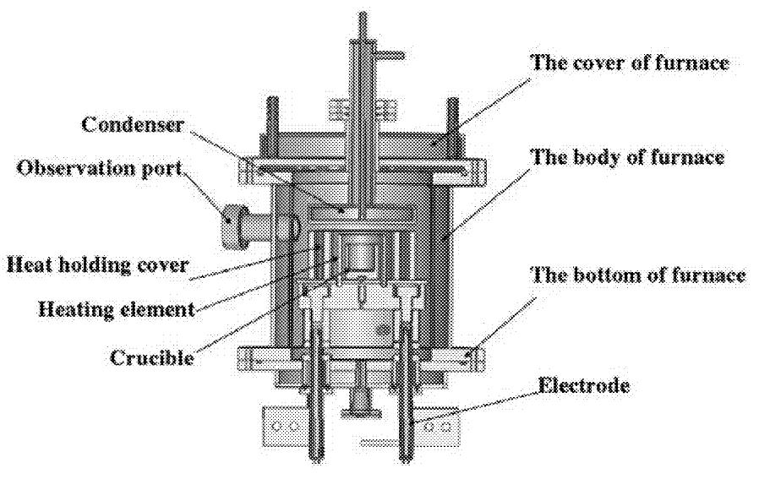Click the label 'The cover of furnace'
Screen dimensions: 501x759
[629, 63]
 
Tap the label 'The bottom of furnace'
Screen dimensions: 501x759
[637, 275]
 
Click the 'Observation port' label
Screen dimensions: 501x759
[100, 167]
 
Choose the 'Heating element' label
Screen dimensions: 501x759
[117, 308]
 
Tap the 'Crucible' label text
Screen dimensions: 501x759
[152, 357]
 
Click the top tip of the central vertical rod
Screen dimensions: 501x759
[363, 15]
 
